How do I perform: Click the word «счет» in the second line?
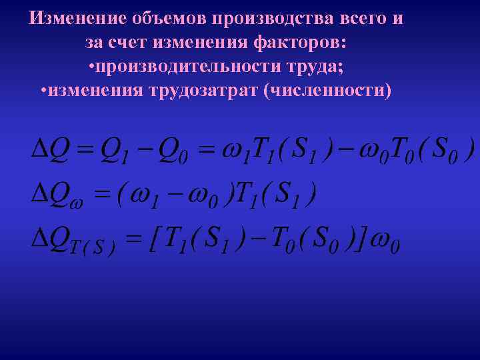pos(128,43)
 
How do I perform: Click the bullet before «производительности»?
pos(91,67)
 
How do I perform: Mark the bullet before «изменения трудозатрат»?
pos(43,90)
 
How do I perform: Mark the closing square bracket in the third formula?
pos(359,239)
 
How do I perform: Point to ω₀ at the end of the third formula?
pos(385,241)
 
